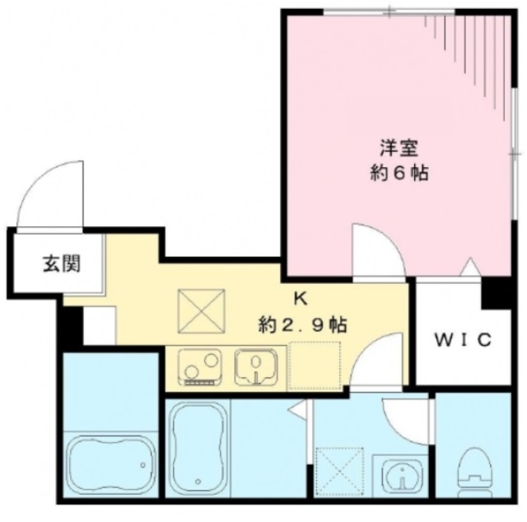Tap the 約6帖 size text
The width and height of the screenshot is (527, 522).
tap(399, 175)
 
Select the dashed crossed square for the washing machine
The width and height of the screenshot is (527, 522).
tap(339, 468)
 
